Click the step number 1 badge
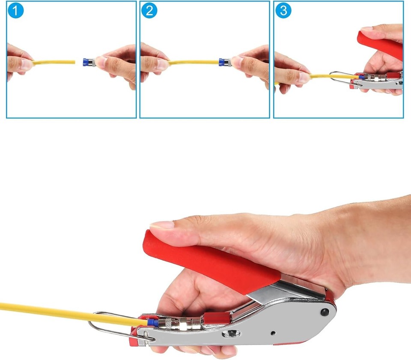[x=15, y=11]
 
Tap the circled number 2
[x=149, y=11]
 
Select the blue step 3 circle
[x=283, y=11]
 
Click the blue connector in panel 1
[x=88, y=63]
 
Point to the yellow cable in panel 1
[x=54, y=62]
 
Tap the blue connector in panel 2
[x=222, y=63]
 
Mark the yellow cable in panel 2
[x=193, y=62]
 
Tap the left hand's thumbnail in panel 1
[x=27, y=64]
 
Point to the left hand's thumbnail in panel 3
[x=304, y=78]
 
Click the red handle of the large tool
[x=205, y=261]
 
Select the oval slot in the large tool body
[x=231, y=333]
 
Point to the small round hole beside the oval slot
[x=272, y=332]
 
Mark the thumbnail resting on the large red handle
[x=162, y=225]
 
